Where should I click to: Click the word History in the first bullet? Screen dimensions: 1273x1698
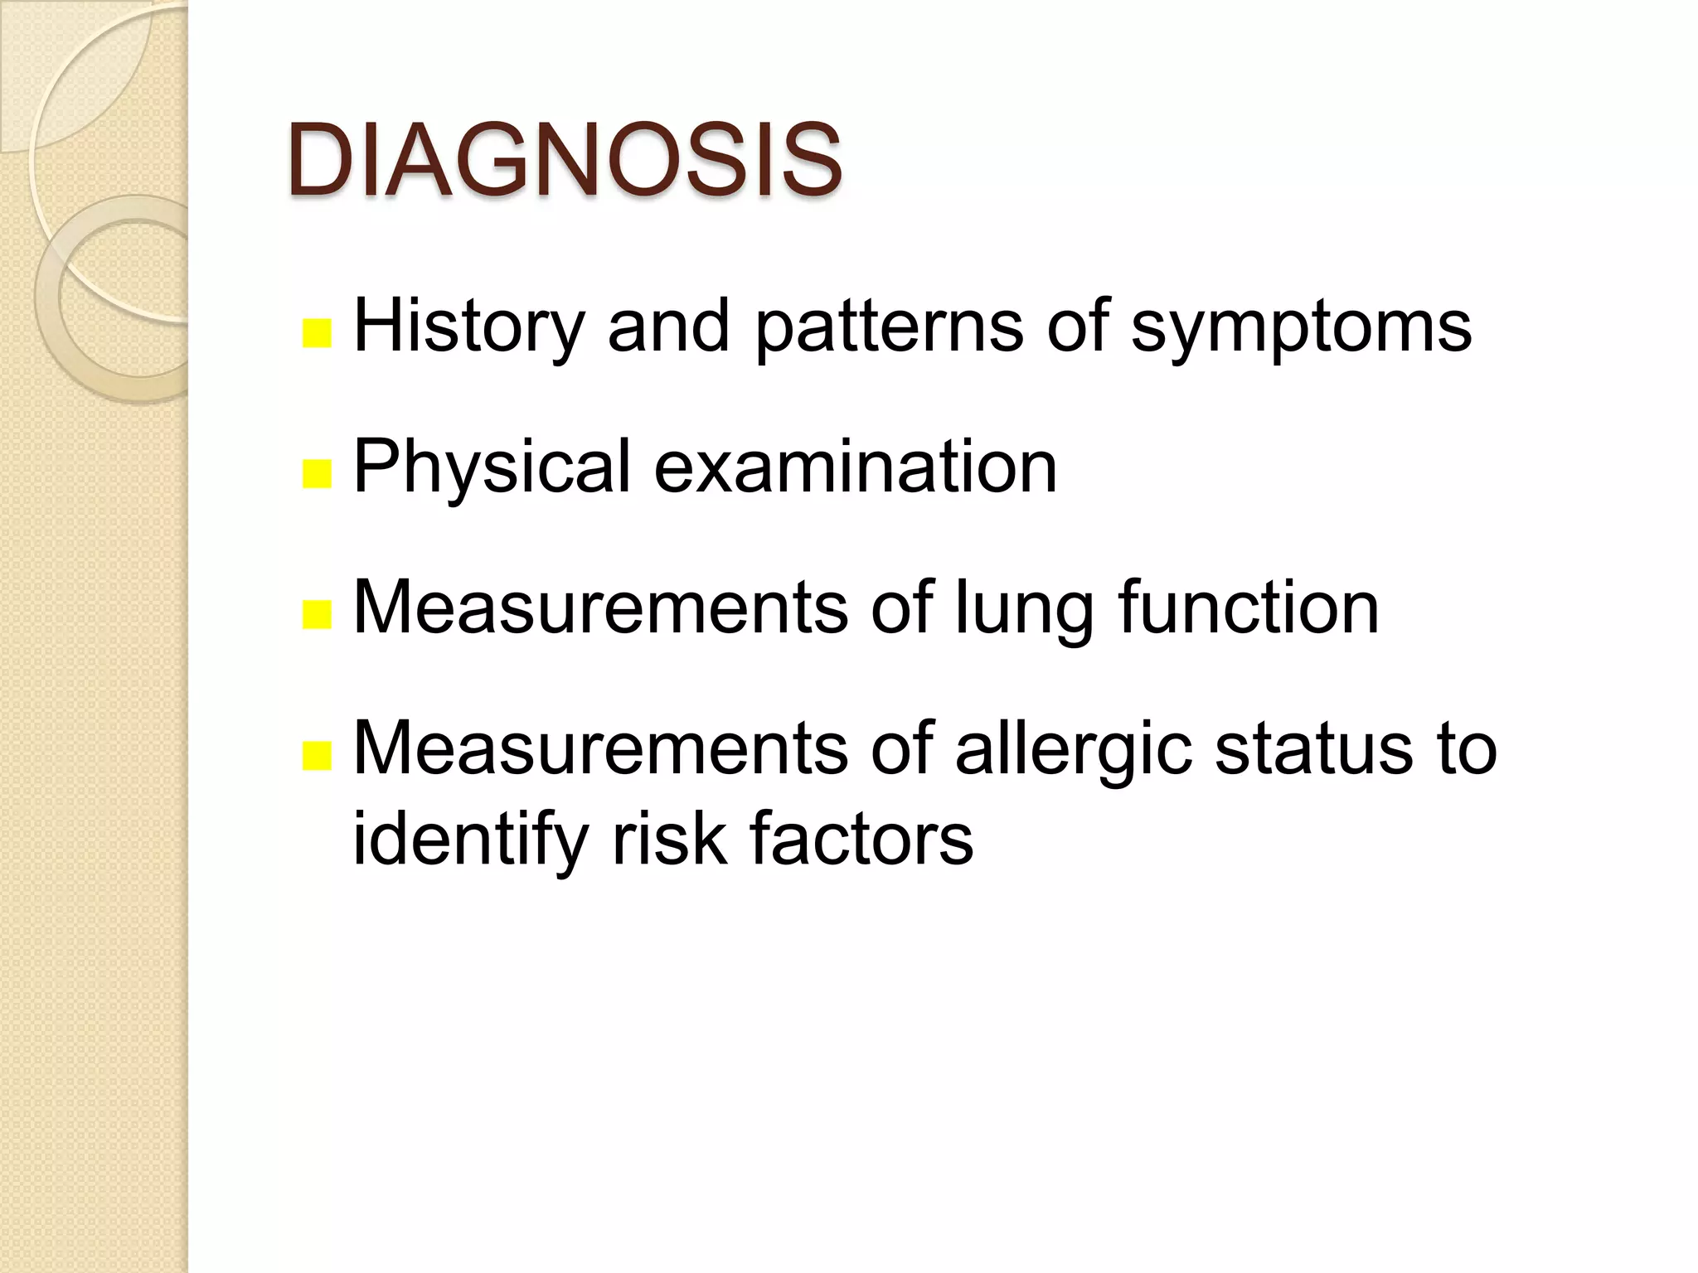[x=469, y=328]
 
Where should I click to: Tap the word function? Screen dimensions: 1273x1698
[x=1249, y=608]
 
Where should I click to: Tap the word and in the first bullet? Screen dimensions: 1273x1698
[x=668, y=327]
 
